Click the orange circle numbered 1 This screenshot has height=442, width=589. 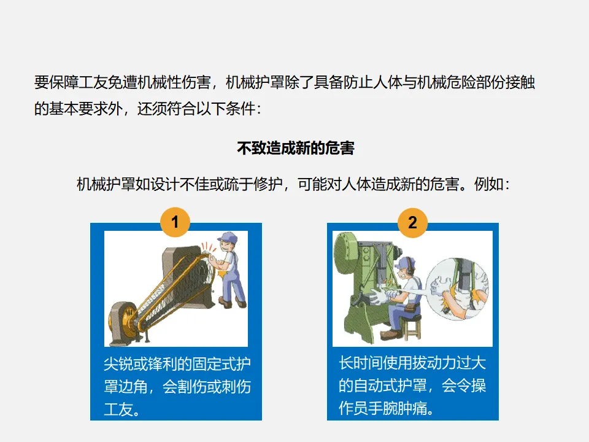(175, 222)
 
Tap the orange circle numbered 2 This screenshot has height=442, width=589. (412, 222)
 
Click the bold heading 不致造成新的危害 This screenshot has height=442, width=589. (296, 148)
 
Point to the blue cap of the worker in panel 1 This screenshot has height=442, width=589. (227, 238)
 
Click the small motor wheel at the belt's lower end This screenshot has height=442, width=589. (122, 320)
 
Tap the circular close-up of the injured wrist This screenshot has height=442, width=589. (458, 289)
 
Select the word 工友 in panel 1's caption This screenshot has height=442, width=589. (118, 409)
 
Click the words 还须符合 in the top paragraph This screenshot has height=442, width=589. (167, 109)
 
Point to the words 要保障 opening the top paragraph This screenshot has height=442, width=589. (56, 82)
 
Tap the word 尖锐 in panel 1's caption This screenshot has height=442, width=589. (118, 364)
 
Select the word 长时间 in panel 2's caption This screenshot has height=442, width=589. (361, 363)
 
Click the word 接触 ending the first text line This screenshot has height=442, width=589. (520, 82)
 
